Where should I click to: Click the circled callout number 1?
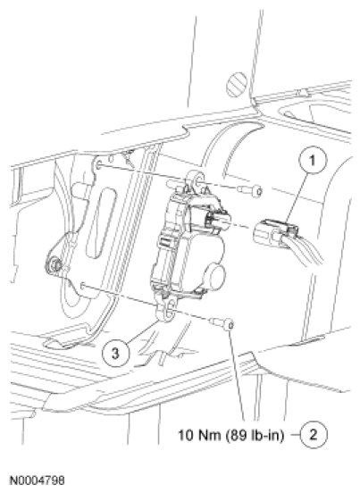[x=313, y=161]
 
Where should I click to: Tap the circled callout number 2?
[x=314, y=435]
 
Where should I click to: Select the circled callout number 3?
[x=116, y=353]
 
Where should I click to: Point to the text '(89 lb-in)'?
[x=255, y=436]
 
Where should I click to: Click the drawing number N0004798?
[x=38, y=480]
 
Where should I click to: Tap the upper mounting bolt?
[x=250, y=190]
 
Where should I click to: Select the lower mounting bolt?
[x=222, y=323]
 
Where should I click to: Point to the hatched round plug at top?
[x=237, y=85]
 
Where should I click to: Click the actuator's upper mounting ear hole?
[x=198, y=180]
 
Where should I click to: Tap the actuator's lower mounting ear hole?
[x=171, y=306]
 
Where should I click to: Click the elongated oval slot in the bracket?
[x=101, y=223]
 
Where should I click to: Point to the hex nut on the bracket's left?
[x=56, y=265]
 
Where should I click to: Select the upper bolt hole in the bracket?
[x=98, y=164]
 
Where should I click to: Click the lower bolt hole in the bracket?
[x=82, y=285]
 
